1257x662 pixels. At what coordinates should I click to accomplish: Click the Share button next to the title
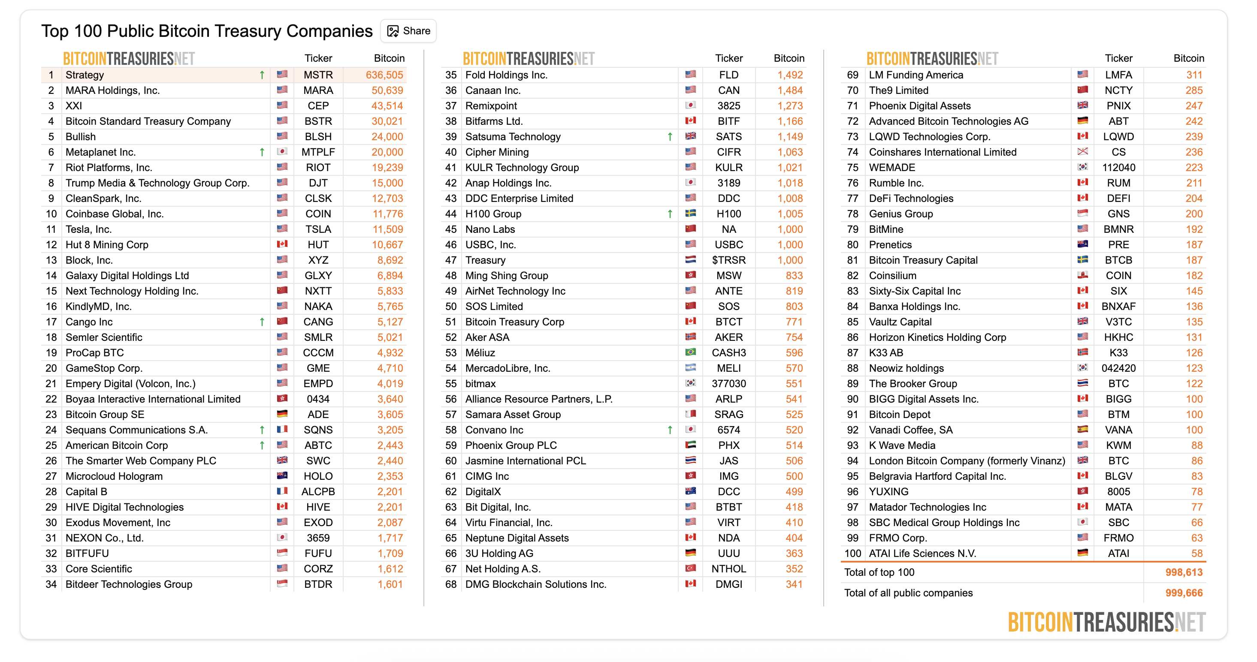(x=408, y=31)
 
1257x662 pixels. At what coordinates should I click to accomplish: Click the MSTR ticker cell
(x=318, y=75)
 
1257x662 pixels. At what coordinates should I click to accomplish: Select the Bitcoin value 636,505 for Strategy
(x=384, y=75)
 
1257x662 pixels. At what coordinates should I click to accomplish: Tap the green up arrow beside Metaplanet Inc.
(x=262, y=152)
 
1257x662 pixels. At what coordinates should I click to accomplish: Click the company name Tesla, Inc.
(x=88, y=229)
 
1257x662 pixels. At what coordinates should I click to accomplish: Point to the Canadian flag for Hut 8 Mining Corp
(x=282, y=244)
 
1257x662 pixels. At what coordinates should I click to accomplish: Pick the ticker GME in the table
(x=318, y=368)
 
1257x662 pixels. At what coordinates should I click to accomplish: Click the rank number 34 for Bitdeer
(x=51, y=584)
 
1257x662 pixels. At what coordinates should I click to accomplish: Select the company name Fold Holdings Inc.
(x=506, y=75)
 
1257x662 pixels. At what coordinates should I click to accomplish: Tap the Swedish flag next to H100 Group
(x=690, y=214)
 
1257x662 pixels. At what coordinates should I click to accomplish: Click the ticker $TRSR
(x=728, y=260)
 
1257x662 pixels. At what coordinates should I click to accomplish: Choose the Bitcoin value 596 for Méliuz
(x=794, y=353)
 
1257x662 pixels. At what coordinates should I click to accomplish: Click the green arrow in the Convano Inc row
(x=670, y=430)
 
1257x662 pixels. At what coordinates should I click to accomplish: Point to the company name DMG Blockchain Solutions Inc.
(x=535, y=584)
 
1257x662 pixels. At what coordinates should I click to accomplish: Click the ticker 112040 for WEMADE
(x=1118, y=167)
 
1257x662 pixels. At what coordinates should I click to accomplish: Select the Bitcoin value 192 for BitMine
(x=1194, y=229)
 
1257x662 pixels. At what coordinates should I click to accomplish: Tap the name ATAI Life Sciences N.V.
(x=922, y=553)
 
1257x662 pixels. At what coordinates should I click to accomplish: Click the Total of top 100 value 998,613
(x=1184, y=572)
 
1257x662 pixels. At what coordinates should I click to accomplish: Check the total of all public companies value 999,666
(x=1184, y=593)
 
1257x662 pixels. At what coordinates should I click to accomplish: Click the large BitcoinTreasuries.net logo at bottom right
(x=1107, y=623)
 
